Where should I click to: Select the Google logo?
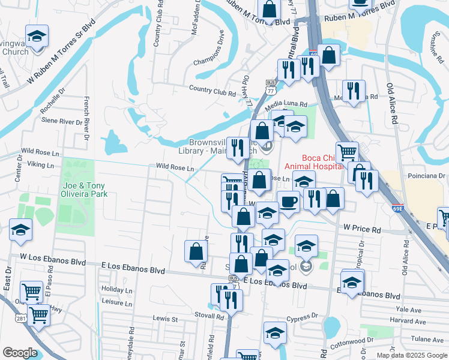click(20, 353)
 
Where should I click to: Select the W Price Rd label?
click(362, 229)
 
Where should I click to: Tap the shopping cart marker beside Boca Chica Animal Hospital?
click(347, 152)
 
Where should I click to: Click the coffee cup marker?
click(288, 201)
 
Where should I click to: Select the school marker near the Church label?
click(37, 35)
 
